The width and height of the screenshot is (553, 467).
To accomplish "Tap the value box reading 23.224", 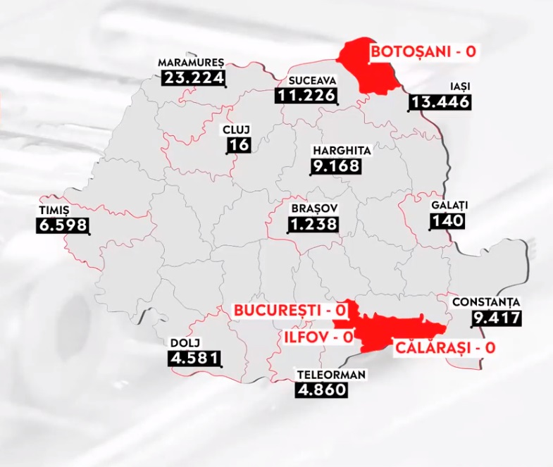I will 193,77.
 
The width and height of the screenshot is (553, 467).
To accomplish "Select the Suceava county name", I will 305,80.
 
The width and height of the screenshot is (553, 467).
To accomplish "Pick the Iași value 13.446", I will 440,103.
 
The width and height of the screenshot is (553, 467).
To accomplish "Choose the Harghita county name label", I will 342,150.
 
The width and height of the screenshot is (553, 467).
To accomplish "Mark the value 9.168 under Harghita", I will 335,167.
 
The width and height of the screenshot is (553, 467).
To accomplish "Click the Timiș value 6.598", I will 61,225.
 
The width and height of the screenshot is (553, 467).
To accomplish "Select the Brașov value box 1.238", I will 313,225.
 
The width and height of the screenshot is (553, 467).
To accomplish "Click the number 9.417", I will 497,317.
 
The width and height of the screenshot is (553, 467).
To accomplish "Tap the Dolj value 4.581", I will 194,359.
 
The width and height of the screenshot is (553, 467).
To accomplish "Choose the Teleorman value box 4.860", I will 321,389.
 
